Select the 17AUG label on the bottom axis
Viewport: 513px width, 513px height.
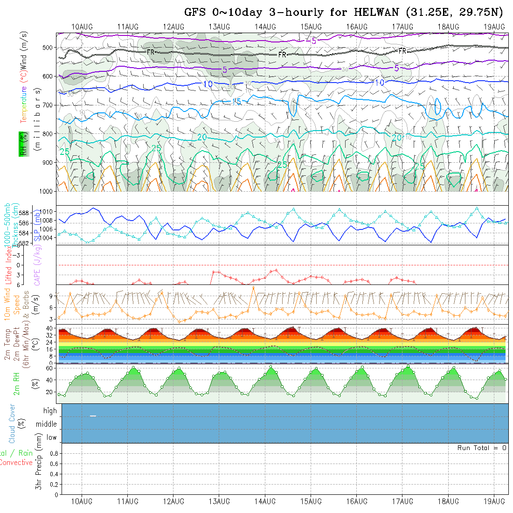tap(402, 501)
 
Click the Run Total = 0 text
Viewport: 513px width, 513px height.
tap(482, 448)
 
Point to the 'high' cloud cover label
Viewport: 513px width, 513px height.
tap(50, 411)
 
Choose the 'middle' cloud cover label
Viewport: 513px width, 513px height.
tap(47, 424)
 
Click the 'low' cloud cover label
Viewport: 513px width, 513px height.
tap(51, 437)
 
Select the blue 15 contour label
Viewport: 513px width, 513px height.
tap(236, 101)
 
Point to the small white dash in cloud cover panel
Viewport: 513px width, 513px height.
tap(93, 416)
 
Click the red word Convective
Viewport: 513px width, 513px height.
tap(16, 463)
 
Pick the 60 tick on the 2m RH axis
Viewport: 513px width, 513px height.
tap(49, 368)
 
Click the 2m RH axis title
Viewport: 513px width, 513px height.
tap(17, 381)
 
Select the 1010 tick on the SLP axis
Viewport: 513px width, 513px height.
tap(48, 211)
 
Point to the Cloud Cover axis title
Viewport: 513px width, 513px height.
tap(12, 423)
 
